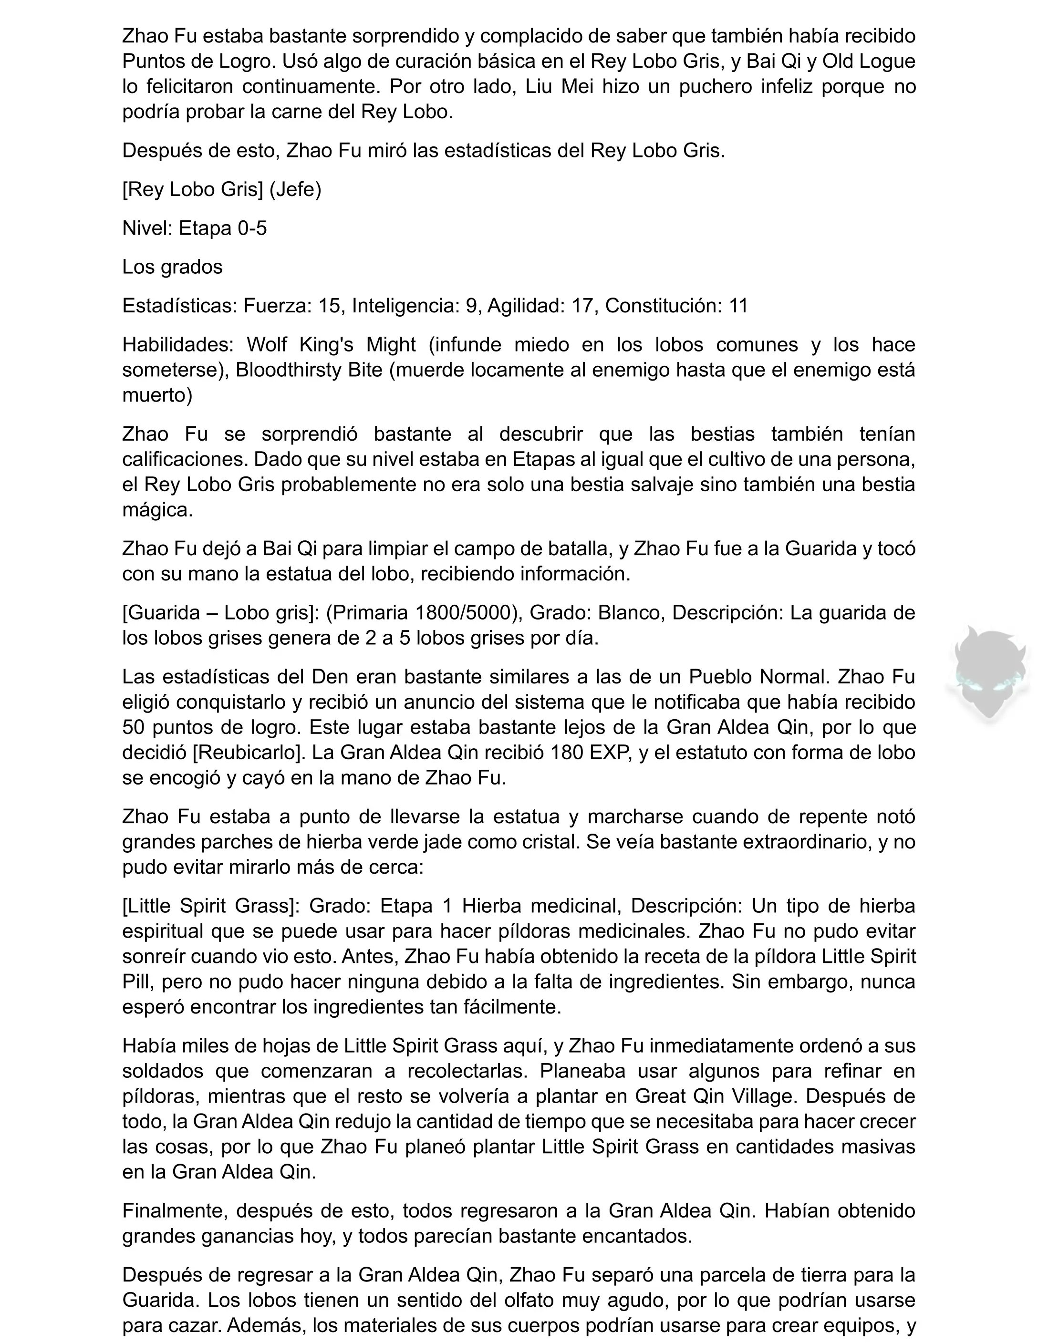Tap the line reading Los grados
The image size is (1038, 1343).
coord(172,267)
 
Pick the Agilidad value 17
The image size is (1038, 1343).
coord(581,306)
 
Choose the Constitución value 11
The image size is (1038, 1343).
coord(738,306)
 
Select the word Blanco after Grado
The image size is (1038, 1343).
coord(623,612)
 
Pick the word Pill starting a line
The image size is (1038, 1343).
coord(136,981)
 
